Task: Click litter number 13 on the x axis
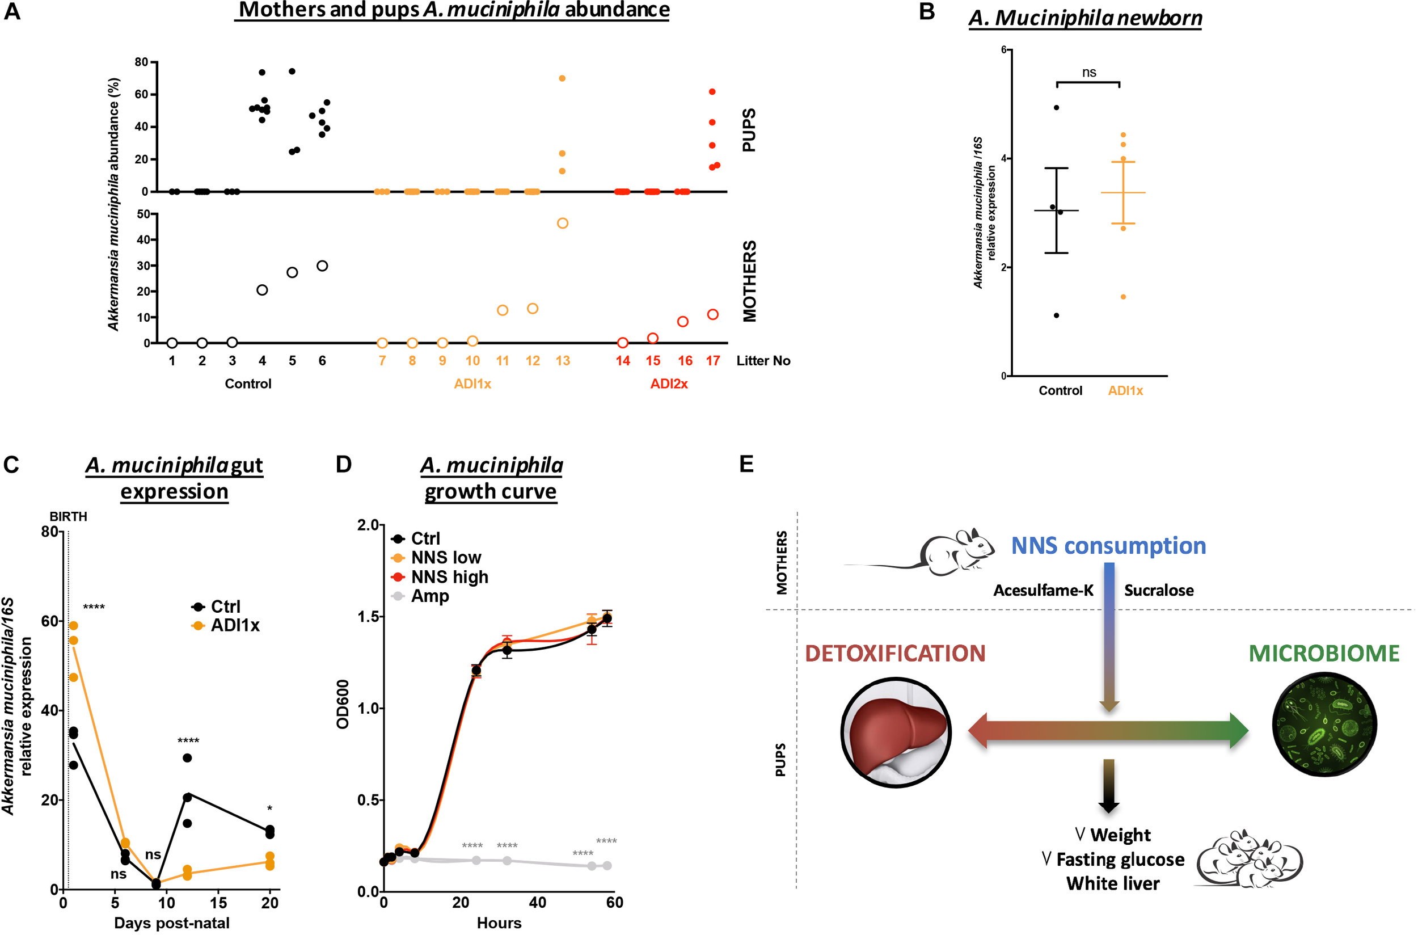562,361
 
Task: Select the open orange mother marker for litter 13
562,224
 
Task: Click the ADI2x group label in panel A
669,384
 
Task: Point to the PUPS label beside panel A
749,130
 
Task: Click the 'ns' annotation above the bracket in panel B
1088,73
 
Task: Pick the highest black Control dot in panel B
1056,108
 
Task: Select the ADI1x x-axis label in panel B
1125,390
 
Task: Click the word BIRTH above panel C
68,516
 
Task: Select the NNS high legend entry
449,576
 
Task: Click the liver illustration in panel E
895,732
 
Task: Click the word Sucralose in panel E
1159,591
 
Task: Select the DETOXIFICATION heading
894,654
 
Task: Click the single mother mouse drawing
948,551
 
